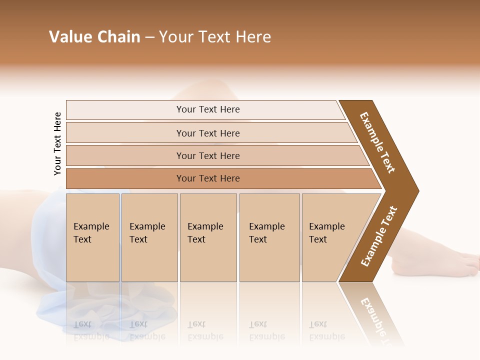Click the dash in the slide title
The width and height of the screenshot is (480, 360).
coord(149,37)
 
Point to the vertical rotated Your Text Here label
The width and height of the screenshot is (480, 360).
coord(57,143)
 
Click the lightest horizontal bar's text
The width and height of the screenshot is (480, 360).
coord(208,109)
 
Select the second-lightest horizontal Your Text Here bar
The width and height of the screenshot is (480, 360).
coord(208,133)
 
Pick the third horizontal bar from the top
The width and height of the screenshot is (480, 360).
coord(208,155)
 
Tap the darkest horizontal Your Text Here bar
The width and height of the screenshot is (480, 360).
coord(208,178)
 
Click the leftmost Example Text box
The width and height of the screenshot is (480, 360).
coord(92,237)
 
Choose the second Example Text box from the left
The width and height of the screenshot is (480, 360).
coord(149,237)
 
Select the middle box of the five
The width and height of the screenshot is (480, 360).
coord(208,237)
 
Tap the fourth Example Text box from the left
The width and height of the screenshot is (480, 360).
coord(269,237)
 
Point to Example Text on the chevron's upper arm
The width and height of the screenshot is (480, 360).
coord(377,142)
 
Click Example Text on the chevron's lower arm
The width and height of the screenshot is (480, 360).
coord(378,236)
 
